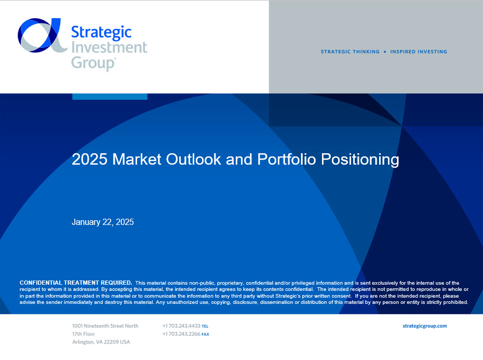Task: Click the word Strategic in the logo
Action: (101, 33)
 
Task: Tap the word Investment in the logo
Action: (110, 47)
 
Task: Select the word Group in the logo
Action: (93, 63)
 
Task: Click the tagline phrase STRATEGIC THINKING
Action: (350, 52)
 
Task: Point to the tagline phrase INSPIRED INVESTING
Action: (419, 52)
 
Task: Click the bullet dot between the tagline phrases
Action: (385, 52)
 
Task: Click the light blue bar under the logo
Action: (110, 97)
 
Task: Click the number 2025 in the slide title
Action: (90, 159)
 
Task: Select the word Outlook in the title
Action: (194, 159)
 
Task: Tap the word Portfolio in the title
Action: (287, 159)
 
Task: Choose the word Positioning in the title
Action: (360, 160)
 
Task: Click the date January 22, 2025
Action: (103, 222)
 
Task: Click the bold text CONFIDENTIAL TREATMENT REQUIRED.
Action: (76, 283)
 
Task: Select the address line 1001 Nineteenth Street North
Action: (105, 326)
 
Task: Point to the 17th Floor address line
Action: (84, 334)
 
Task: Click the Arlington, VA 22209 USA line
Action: (101, 342)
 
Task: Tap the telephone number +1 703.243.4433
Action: (181, 326)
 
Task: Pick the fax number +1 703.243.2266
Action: (181, 334)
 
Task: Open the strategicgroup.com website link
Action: (425, 326)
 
